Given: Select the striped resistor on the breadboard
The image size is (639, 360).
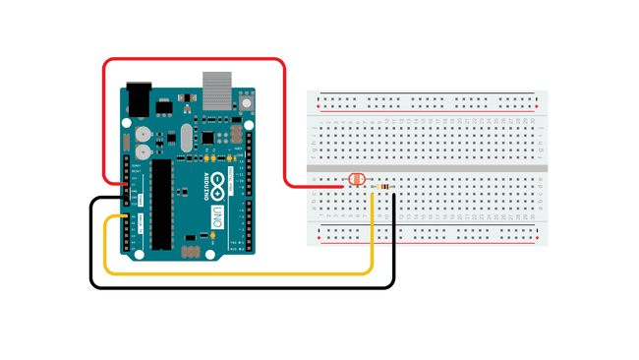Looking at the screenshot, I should point(381,185).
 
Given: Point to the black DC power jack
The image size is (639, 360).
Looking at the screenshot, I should point(140,96).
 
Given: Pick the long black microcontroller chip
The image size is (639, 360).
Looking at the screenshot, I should point(159,201).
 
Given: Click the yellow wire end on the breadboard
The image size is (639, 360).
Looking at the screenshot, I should point(372,195).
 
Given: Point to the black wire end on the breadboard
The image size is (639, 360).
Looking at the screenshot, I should point(394,195).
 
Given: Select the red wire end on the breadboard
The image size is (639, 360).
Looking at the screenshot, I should point(344,184).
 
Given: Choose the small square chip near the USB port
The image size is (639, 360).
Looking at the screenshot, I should point(209,135).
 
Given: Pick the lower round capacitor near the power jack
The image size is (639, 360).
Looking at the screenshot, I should point(145,151).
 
